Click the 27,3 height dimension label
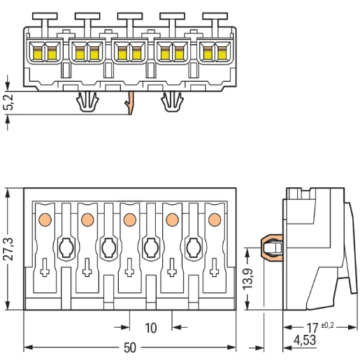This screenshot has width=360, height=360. point(10,249)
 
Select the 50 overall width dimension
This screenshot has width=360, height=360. point(129,347)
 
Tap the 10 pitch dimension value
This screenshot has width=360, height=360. point(151,328)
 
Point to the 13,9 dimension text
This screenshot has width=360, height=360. point(248,279)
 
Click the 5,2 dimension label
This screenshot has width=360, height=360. point(9,102)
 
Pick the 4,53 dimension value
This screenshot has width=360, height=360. point(305,340)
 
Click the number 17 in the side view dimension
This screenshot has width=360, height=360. point(312,328)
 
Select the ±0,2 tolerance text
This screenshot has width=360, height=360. point(327,325)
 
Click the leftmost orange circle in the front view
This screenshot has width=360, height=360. point(45,219)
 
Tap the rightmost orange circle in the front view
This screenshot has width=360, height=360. point(215,219)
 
